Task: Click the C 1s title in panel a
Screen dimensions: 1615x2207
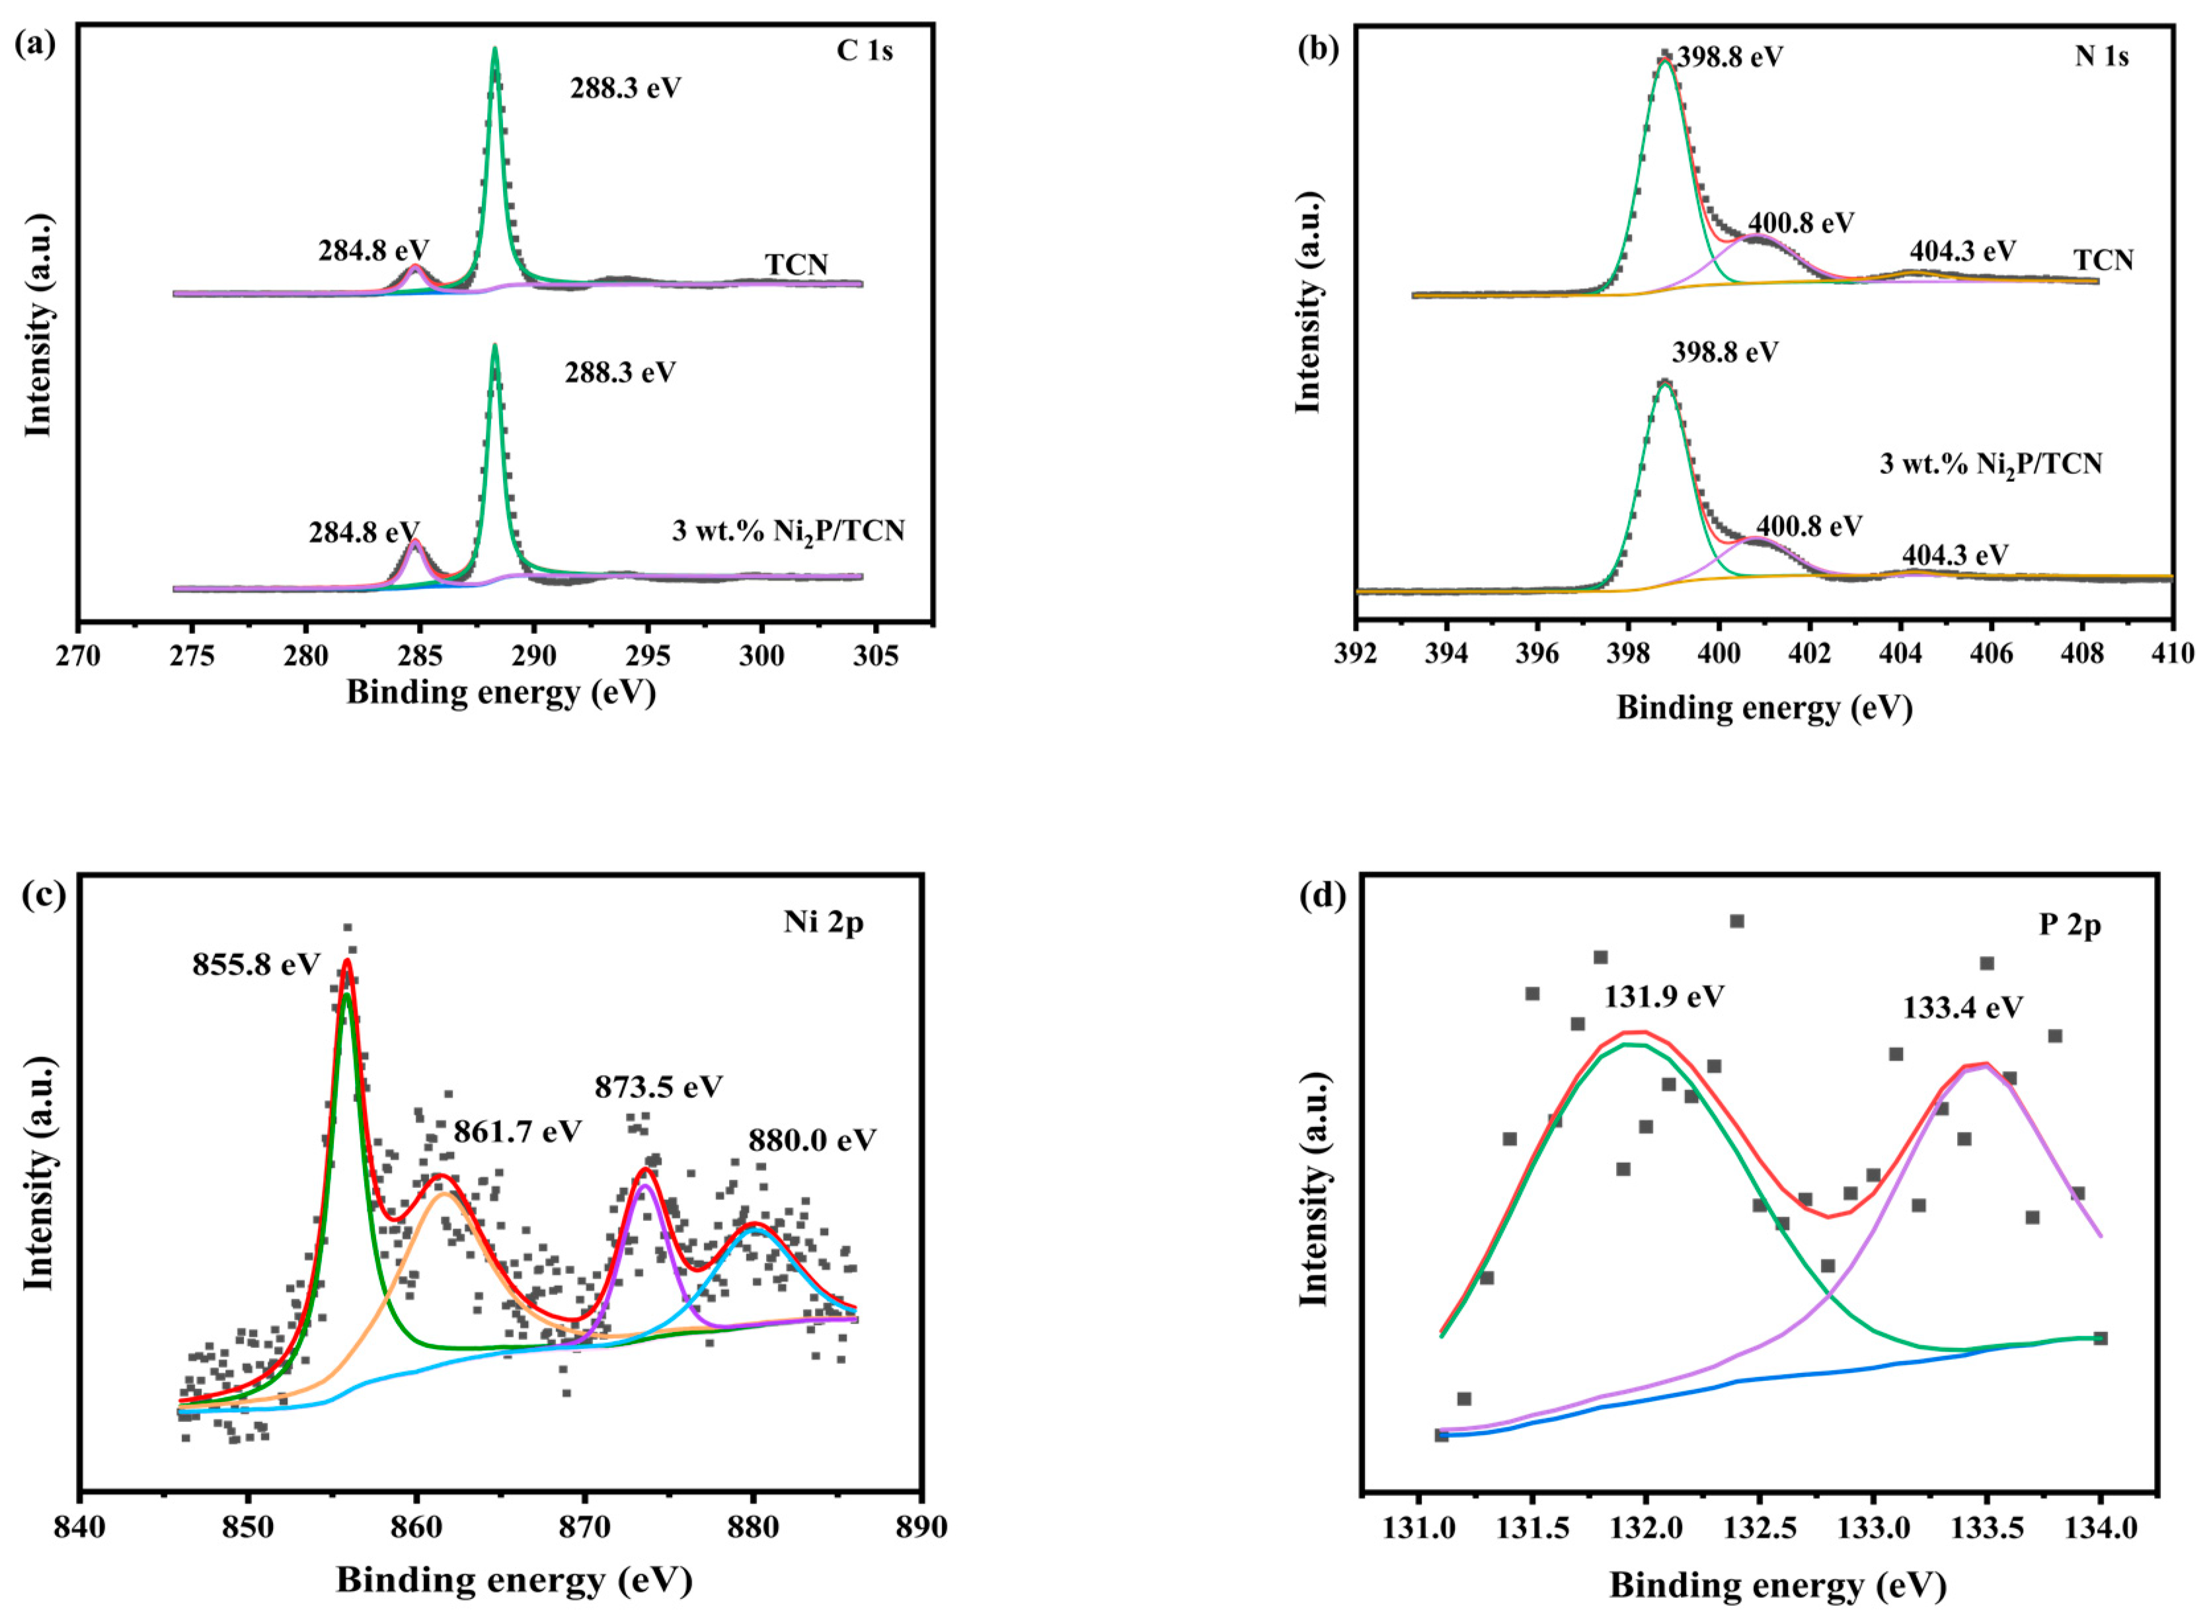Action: (x=864, y=51)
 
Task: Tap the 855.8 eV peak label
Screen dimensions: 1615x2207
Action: (x=256, y=965)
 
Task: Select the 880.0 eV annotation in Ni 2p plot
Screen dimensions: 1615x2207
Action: (x=812, y=1140)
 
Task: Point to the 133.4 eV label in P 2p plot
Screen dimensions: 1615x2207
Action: (x=1962, y=1008)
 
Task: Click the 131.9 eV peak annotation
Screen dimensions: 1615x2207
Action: (x=1664, y=997)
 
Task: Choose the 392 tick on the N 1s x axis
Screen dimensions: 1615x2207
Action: (x=1356, y=653)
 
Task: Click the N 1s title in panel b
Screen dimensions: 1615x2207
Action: (x=2101, y=57)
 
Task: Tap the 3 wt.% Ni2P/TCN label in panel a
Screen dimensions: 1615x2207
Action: (x=788, y=532)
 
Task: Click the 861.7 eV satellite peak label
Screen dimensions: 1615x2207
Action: (x=517, y=1131)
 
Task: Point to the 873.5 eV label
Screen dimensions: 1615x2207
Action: (x=658, y=1087)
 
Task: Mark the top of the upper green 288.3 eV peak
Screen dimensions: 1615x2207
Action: (x=494, y=49)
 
